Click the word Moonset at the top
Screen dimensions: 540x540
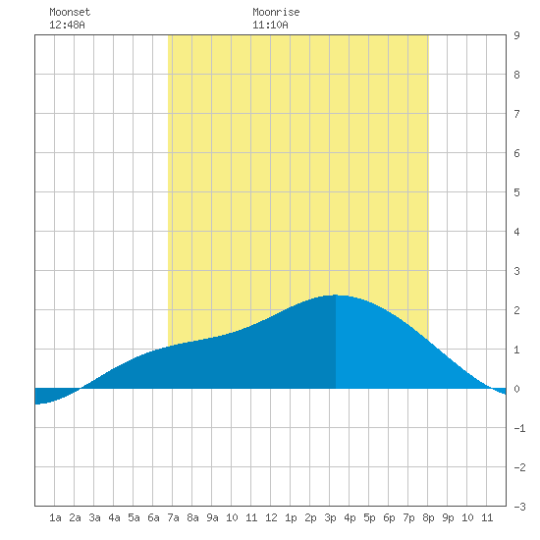[x=70, y=12]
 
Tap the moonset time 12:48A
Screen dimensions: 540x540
[x=67, y=25]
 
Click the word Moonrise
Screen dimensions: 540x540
[x=276, y=12]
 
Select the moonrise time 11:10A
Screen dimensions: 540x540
[x=270, y=25]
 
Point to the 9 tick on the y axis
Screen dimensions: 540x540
[x=516, y=35]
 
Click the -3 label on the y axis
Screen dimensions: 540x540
[x=519, y=507]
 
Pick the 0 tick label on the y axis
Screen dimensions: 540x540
[x=516, y=389]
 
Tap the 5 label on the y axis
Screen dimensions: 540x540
[x=516, y=192]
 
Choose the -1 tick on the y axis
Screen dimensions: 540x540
[x=519, y=428]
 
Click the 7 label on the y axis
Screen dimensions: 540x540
[x=516, y=114]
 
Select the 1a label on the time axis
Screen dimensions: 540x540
[x=55, y=517]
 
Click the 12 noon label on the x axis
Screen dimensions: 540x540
[x=271, y=517]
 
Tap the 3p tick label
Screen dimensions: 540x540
[x=330, y=517]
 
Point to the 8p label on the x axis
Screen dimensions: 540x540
[x=428, y=517]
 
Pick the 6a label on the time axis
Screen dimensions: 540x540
[x=153, y=517]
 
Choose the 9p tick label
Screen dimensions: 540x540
[x=448, y=517]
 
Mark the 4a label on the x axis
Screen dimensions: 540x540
[x=114, y=517]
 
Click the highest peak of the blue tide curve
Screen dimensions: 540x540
[x=336, y=296]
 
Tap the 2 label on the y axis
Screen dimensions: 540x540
[x=516, y=310]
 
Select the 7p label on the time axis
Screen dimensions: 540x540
[x=408, y=517]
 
